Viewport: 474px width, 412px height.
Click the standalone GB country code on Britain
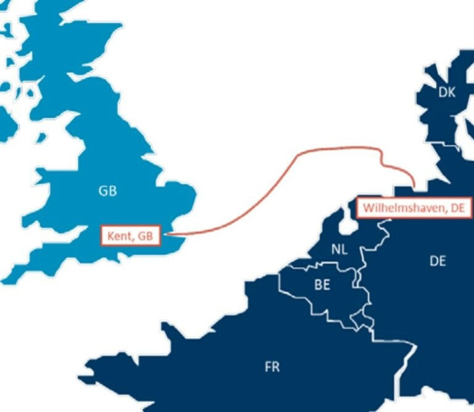107,191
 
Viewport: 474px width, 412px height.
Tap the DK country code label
447,93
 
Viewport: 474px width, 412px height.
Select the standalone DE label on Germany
438,262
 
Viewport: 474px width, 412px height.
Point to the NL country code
339,250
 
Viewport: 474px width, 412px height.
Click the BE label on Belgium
322,285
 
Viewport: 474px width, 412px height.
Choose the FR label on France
272,367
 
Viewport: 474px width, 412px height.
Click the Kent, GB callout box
130,236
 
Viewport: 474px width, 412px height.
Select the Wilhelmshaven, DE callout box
414,208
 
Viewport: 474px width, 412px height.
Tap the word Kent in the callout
119,236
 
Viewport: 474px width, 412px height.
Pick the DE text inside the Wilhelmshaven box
457,208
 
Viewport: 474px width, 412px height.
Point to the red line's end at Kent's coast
168,234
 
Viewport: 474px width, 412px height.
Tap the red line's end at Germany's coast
414,187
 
